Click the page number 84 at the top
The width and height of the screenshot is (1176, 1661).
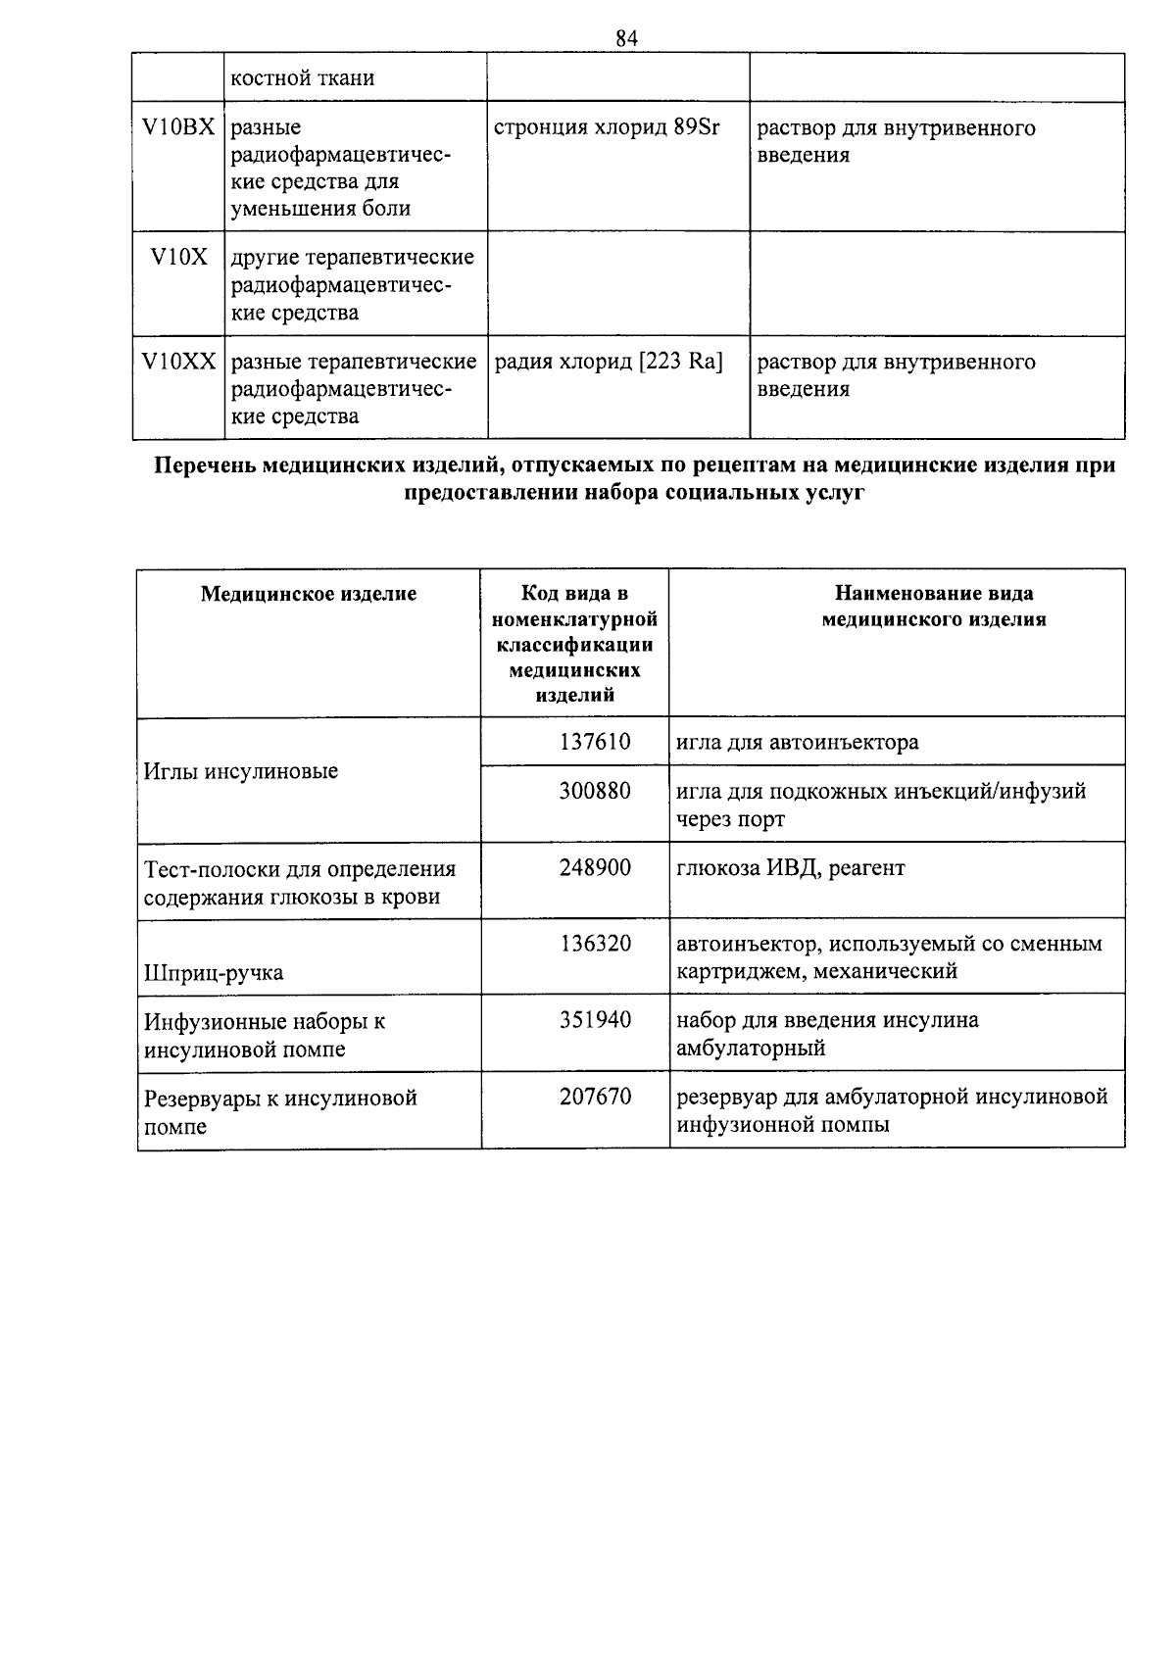click(x=627, y=38)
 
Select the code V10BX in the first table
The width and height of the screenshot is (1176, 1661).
click(x=178, y=128)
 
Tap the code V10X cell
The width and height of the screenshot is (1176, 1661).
click(x=178, y=258)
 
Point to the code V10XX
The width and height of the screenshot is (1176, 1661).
click(x=178, y=363)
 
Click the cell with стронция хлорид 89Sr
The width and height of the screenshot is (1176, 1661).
click(x=607, y=128)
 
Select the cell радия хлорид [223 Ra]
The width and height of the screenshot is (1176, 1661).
click(x=609, y=363)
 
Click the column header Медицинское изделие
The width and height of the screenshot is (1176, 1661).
click(x=309, y=594)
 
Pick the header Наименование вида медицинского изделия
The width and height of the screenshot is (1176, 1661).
click(x=933, y=607)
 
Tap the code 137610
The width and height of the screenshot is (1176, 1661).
click(x=595, y=743)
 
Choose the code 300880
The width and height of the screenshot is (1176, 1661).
click(x=595, y=791)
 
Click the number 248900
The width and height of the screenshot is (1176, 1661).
click(x=595, y=868)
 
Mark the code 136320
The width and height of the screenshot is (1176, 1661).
click(x=595, y=945)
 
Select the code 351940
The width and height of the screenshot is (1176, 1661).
click(x=595, y=1021)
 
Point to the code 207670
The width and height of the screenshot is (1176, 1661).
click(x=595, y=1098)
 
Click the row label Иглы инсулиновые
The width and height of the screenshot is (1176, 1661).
click(x=241, y=772)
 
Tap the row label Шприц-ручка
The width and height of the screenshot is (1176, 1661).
click(x=214, y=973)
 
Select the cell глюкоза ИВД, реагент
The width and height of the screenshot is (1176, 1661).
click(x=790, y=868)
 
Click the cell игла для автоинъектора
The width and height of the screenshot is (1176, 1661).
click(x=797, y=743)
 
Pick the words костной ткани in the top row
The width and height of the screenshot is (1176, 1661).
click(x=302, y=78)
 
